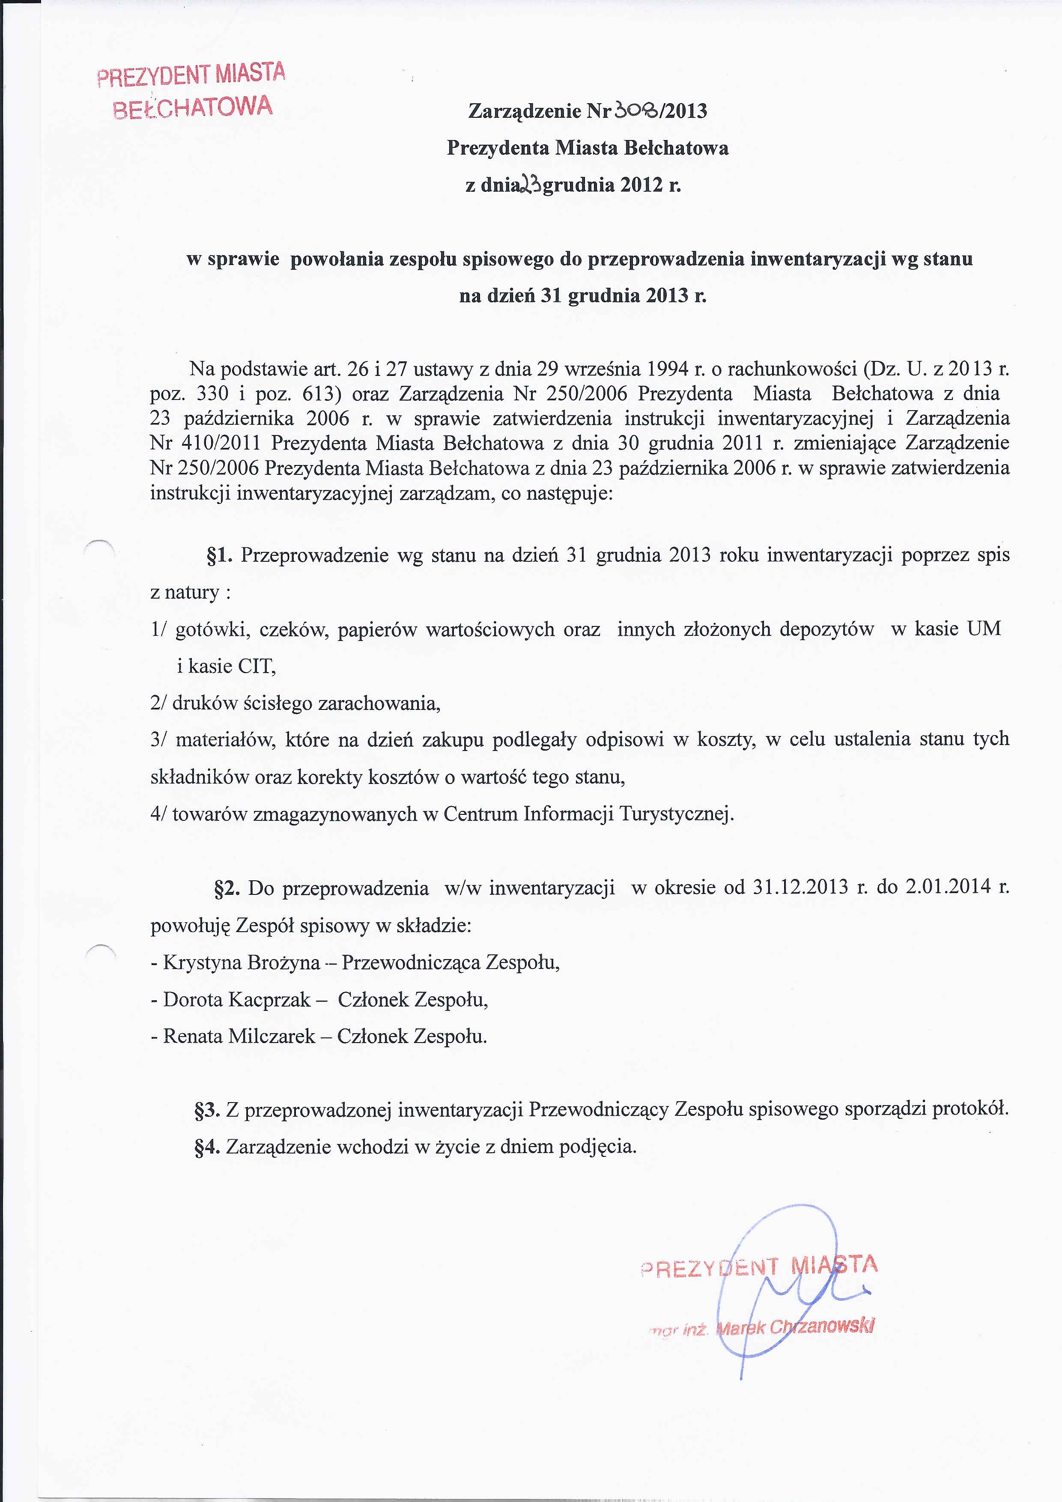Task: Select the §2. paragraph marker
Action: (x=228, y=888)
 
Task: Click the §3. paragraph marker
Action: (x=207, y=1109)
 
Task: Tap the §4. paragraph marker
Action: (x=207, y=1147)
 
